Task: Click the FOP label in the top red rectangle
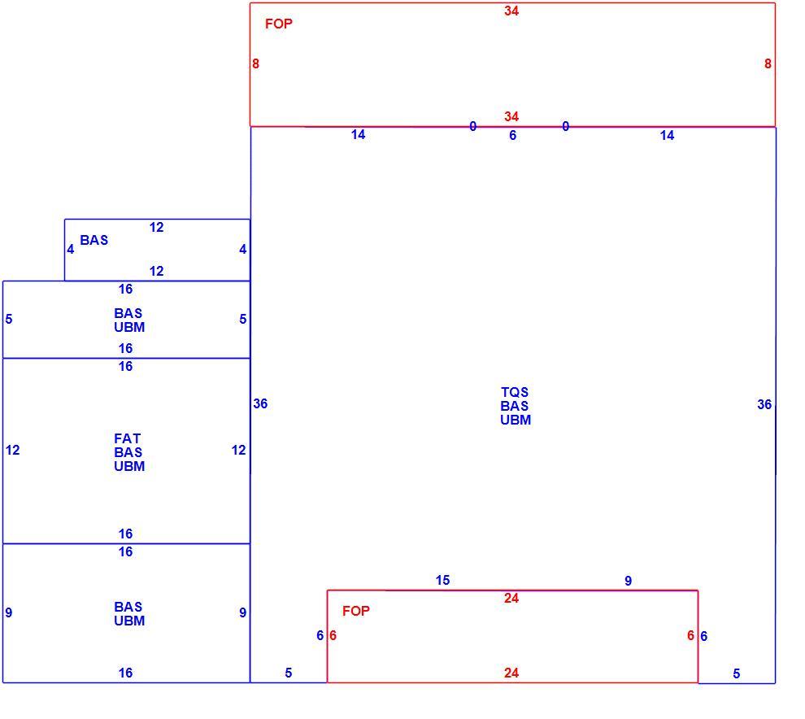pos(279,24)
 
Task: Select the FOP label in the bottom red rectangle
pos(356,611)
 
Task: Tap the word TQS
pos(515,392)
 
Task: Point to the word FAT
pos(128,438)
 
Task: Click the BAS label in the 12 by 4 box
pos(94,240)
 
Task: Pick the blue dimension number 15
pos(442,581)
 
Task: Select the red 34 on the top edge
pos(511,11)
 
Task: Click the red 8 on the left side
pos(255,63)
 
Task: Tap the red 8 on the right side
pos(768,63)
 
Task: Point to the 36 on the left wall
pos(260,403)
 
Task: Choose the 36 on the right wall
pos(764,405)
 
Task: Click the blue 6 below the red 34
pos(512,136)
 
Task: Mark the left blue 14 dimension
pos(358,134)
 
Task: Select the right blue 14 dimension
pos(667,136)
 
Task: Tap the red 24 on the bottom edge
pos(511,673)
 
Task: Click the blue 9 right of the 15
pos(628,581)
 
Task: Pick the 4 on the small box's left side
pos(70,250)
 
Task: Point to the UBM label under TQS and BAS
pos(516,421)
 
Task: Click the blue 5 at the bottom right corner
pos(736,673)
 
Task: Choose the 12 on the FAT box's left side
pos(13,451)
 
